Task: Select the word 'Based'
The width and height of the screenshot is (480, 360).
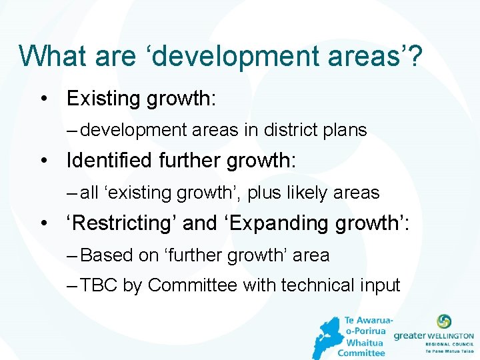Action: click(x=106, y=255)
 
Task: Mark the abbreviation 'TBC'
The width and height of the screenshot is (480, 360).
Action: click(x=99, y=285)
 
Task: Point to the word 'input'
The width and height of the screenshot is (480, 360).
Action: click(x=379, y=285)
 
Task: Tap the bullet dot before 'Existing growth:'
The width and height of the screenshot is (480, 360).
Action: click(x=43, y=99)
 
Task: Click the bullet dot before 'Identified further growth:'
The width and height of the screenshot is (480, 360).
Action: click(x=43, y=161)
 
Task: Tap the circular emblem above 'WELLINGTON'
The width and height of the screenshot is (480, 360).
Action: click(x=443, y=322)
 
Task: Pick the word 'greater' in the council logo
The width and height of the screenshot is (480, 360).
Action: click(x=409, y=336)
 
